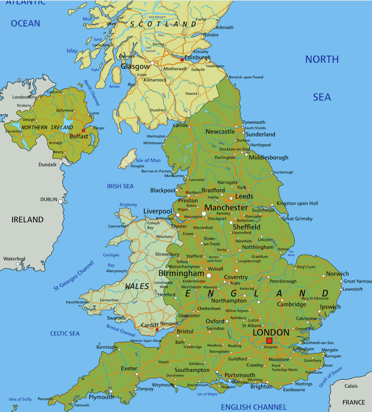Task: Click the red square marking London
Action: tap(269, 341)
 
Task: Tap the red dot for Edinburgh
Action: tap(182, 60)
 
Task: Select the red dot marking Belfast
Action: tap(83, 130)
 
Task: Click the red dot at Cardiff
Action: tap(157, 330)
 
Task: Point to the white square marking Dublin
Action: tap(60, 202)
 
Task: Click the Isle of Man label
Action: tap(148, 160)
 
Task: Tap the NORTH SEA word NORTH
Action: tap(322, 59)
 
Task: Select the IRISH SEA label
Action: tap(120, 187)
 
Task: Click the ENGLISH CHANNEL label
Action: tap(254, 407)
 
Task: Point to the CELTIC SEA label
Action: tap(65, 333)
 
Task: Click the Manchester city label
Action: tap(226, 208)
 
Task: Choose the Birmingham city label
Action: tap(181, 273)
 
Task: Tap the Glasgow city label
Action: tap(135, 67)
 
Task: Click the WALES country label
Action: tap(137, 286)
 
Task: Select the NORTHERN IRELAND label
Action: tap(47, 127)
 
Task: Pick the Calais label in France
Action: tap(351, 386)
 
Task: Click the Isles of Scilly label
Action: tap(20, 399)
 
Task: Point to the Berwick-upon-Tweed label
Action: tap(246, 77)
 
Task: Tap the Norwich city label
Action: tap(337, 274)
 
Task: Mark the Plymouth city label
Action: tap(101, 397)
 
